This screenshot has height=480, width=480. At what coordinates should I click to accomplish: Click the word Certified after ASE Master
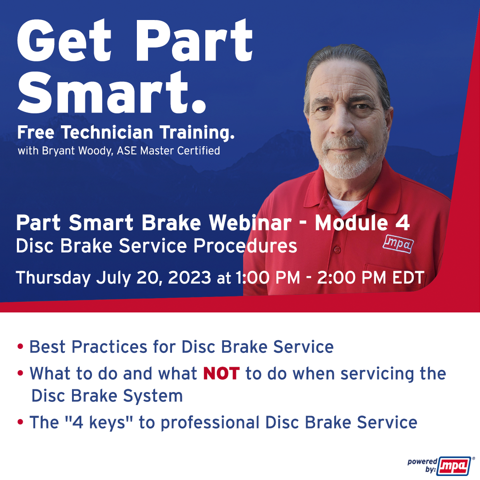199,151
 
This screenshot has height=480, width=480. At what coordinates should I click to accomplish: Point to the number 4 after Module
402,224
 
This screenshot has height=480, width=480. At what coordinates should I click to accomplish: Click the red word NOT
221,374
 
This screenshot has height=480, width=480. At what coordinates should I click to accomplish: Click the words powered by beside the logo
422,465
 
